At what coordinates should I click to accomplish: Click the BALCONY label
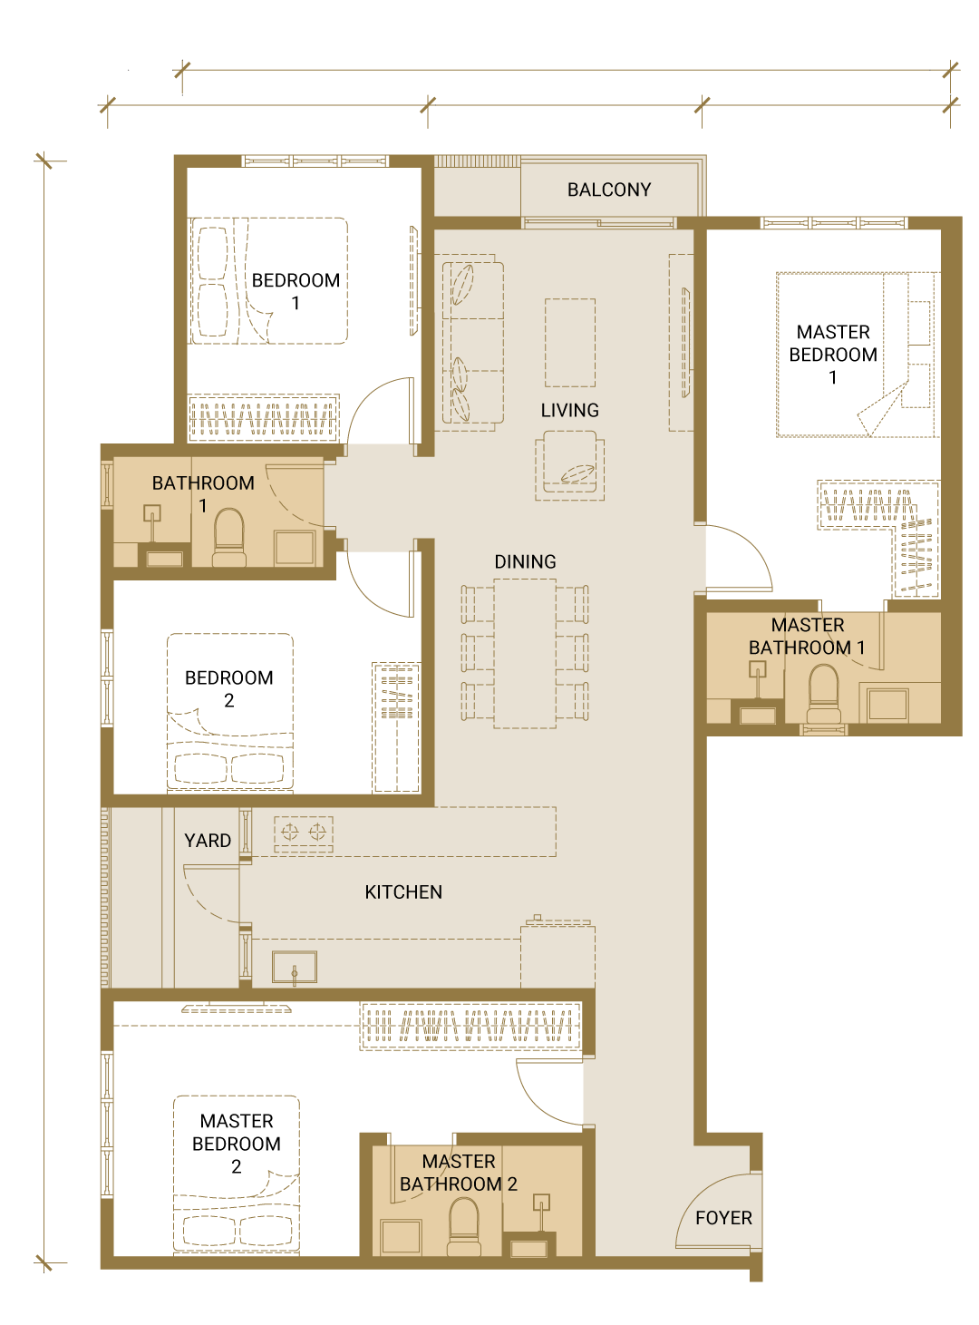[x=608, y=190]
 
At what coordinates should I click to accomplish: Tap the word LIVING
[x=569, y=410]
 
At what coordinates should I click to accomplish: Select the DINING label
[x=525, y=561]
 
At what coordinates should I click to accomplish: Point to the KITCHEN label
[x=403, y=891]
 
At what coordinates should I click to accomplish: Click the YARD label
[x=208, y=841]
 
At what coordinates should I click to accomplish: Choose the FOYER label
[x=723, y=1217]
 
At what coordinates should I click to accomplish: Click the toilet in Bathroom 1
[x=228, y=537]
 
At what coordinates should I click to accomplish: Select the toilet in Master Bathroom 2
[x=463, y=1226]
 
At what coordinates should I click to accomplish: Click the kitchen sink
[x=294, y=967]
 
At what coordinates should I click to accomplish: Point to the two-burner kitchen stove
[x=304, y=833]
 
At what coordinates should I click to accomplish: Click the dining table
[x=525, y=654]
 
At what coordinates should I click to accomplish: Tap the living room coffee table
[x=570, y=342]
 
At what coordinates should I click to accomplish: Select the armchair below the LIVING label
[x=569, y=465]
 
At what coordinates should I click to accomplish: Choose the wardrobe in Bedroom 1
[x=264, y=418]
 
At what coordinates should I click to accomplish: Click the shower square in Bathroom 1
[x=294, y=547]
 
